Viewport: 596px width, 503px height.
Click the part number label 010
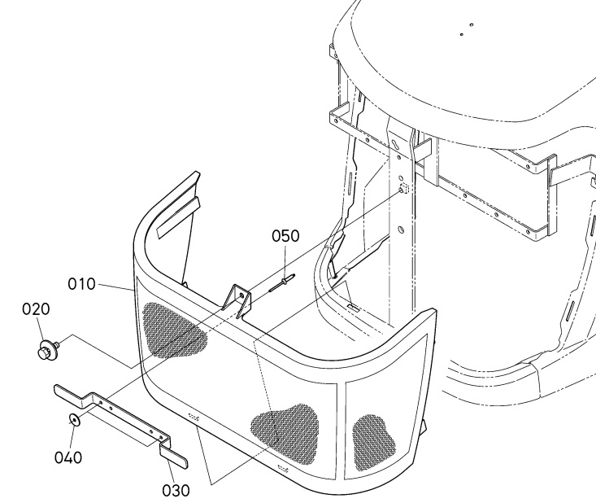tap(82, 284)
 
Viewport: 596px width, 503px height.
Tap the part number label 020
tap(36, 309)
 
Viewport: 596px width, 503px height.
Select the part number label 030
tap(176, 491)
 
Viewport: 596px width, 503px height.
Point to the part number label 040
tap(68, 457)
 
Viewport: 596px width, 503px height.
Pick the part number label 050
tap(285, 236)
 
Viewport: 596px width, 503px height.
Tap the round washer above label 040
tap(74, 420)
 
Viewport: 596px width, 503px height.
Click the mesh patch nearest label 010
tap(174, 329)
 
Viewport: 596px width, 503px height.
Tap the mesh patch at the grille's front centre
tap(285, 434)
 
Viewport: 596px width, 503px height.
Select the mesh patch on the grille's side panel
tap(373, 442)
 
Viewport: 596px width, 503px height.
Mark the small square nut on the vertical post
tap(404, 188)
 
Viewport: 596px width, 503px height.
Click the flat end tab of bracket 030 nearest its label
tap(173, 457)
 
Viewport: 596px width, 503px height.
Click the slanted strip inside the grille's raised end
tap(178, 218)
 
